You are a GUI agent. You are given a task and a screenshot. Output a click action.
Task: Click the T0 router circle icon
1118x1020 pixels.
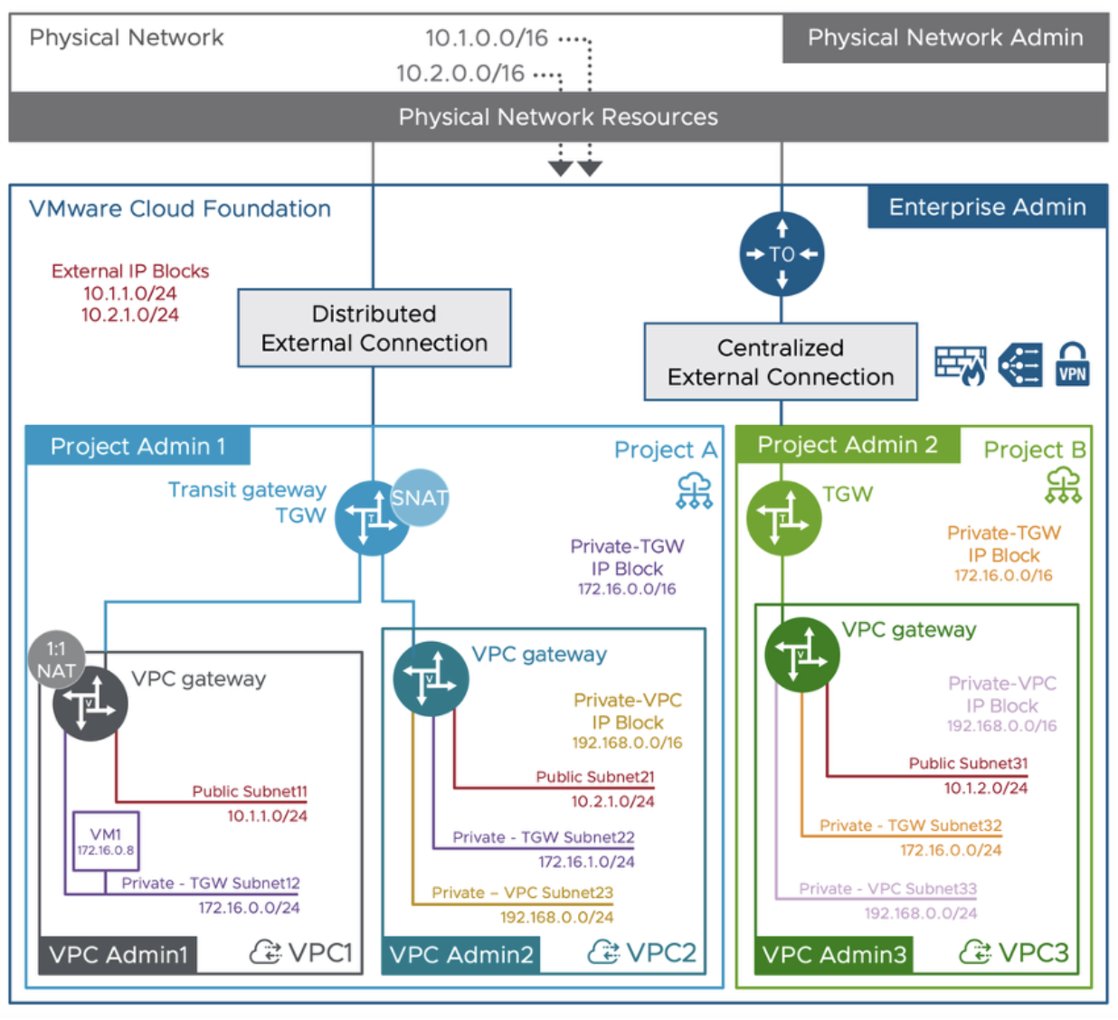pos(782,254)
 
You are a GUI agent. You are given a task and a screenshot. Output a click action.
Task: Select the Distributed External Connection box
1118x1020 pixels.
pos(374,328)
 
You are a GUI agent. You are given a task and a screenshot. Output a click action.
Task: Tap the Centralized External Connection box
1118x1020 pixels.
pos(780,362)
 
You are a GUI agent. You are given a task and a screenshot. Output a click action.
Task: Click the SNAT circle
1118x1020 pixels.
pos(420,497)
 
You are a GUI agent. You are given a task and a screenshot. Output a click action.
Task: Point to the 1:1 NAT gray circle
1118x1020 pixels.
pos(56,659)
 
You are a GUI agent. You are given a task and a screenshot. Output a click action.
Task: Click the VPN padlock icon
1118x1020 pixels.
pos(1072,364)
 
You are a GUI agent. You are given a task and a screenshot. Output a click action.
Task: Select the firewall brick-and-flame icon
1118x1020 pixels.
pos(960,365)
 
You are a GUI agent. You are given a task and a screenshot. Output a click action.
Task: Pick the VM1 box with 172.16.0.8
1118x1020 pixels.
pos(106,841)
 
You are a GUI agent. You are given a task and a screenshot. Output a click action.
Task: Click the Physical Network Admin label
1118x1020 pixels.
pos(945,38)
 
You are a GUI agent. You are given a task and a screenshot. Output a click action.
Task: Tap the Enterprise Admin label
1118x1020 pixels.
pos(987,207)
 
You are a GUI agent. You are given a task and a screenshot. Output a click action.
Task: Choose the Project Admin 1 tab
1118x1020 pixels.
pos(137,447)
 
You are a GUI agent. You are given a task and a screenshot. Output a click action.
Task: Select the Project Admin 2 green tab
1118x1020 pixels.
pos(848,445)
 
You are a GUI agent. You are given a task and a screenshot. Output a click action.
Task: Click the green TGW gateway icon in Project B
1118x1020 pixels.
pos(783,518)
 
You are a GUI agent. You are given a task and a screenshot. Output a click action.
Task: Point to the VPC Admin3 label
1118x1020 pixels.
pos(834,955)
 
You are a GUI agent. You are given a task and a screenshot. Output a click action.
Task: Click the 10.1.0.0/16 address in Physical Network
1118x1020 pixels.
pos(487,38)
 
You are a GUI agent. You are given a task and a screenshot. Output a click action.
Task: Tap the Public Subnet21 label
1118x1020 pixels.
pos(594,777)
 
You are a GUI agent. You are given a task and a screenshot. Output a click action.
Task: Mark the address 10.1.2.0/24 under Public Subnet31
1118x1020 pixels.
pos(985,788)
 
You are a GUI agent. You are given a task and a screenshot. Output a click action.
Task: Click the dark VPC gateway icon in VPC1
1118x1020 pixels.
pos(90,704)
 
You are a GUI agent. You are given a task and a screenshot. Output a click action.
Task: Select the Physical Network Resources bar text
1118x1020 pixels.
pos(558,117)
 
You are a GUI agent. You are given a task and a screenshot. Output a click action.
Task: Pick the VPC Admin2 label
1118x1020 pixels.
pos(461,955)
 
